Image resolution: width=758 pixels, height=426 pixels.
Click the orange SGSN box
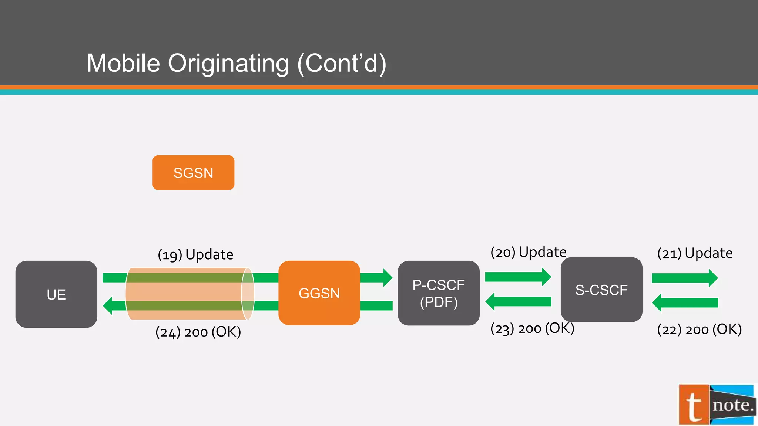click(x=193, y=173)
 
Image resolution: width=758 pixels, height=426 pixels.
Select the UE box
click(x=56, y=294)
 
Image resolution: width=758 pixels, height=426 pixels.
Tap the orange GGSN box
click(x=319, y=293)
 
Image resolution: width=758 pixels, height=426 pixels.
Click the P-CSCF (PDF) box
click(x=439, y=293)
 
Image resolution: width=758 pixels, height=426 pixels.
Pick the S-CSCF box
click(x=601, y=290)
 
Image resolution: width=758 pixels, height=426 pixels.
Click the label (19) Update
click(x=195, y=254)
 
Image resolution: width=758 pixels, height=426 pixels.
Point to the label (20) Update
click(x=528, y=252)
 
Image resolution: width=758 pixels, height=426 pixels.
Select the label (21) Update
click(x=695, y=253)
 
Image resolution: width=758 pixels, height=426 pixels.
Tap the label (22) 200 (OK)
click(x=699, y=329)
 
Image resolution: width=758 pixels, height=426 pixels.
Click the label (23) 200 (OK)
click(x=532, y=328)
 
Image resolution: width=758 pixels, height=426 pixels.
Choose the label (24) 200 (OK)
click(x=198, y=332)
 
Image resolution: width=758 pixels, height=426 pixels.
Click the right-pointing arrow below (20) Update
click(x=518, y=277)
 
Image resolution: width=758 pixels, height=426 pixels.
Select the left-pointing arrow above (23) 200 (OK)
click(x=518, y=302)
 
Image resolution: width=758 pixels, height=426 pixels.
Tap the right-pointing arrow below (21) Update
click(x=684, y=278)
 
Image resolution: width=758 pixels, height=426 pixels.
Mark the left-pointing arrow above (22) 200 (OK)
click(x=684, y=303)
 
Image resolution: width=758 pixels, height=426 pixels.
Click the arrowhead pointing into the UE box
click(x=108, y=306)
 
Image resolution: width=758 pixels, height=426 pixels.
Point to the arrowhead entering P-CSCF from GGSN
click(x=386, y=278)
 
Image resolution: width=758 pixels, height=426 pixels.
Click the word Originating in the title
click(x=228, y=63)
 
